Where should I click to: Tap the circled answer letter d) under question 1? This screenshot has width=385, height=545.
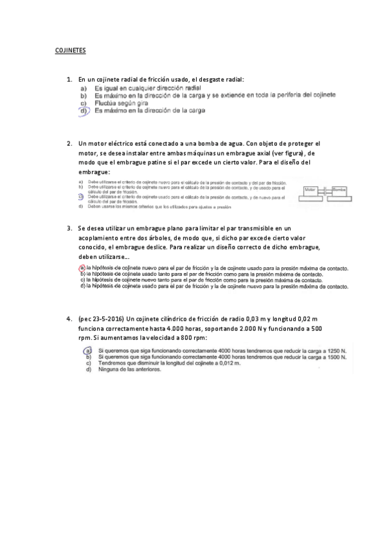pos(84,111)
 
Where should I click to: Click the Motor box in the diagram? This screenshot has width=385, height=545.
pos(312,191)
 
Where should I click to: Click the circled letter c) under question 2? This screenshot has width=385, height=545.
pos(81,196)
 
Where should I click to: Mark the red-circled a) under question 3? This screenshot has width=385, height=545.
pos(82,268)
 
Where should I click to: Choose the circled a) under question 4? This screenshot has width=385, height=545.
pos(87,351)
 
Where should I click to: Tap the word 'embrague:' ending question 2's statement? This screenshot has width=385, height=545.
pos(94,172)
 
